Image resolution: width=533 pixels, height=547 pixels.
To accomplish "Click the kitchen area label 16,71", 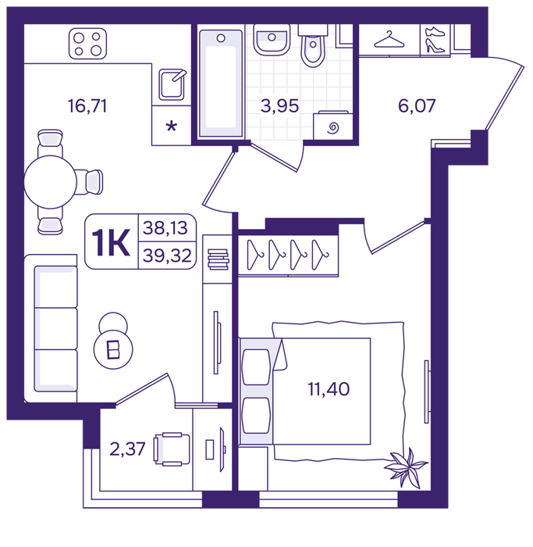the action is click(x=87, y=105).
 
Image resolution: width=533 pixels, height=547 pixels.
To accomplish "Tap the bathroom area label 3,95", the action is click(x=279, y=105).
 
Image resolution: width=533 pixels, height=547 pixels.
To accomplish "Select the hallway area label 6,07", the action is click(x=417, y=105).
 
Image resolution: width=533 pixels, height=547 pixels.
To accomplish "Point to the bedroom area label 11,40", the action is click(x=329, y=389).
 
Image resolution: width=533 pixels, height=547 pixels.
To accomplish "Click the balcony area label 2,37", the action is click(x=127, y=449).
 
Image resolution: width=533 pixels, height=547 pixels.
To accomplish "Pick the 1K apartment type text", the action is click(x=111, y=243).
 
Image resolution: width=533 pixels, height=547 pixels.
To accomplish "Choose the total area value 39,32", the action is click(x=167, y=256).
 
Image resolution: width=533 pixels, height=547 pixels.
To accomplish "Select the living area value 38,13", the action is click(x=165, y=228).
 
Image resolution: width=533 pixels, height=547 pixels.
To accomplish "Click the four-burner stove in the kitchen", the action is click(x=87, y=44).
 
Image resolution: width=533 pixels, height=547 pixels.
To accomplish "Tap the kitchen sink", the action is click(x=172, y=84).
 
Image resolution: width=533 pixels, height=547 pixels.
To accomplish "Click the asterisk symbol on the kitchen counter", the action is click(x=172, y=126).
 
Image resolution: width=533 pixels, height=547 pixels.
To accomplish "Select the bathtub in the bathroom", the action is click(x=221, y=84).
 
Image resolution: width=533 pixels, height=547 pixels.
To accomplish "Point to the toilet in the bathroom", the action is click(x=313, y=46).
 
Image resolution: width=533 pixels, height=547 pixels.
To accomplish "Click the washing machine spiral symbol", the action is click(x=333, y=127).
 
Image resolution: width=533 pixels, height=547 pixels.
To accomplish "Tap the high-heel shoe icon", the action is click(x=435, y=46).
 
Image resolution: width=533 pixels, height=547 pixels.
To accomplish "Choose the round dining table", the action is click(x=51, y=182).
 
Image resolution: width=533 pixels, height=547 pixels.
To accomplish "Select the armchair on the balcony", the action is click(x=172, y=449).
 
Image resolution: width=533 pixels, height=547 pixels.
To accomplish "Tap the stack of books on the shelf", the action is click(x=218, y=259).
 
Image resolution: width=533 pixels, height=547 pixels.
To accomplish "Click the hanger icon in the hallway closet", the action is click(x=389, y=39).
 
